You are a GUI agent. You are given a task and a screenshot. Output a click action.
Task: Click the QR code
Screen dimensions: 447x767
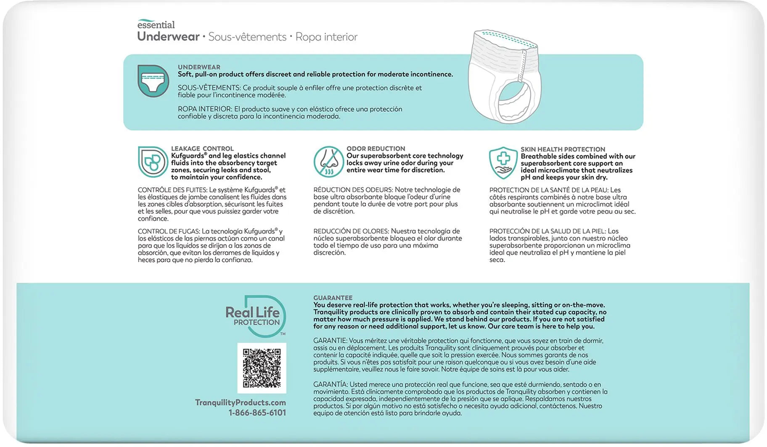click(x=262, y=368)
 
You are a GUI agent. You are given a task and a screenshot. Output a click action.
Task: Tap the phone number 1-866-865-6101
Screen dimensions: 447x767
click(x=257, y=413)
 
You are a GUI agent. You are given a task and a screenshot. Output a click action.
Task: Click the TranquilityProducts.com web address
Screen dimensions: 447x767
click(x=240, y=402)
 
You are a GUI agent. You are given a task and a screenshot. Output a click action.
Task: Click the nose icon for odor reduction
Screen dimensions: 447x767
click(x=328, y=162)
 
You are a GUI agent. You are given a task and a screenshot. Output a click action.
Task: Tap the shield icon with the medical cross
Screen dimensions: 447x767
click(x=503, y=163)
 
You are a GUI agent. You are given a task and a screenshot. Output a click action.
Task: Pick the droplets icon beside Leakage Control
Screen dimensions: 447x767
click(x=153, y=162)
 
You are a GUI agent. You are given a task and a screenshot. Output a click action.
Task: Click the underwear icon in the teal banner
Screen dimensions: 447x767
click(x=153, y=81)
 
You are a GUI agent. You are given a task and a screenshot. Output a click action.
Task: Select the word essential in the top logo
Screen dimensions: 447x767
click(x=156, y=25)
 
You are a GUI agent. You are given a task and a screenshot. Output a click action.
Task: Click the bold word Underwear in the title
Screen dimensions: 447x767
click(x=168, y=37)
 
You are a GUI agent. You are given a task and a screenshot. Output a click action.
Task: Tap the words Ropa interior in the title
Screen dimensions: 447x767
click(x=326, y=37)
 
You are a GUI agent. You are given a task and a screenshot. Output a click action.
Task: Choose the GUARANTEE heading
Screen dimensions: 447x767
click(x=333, y=297)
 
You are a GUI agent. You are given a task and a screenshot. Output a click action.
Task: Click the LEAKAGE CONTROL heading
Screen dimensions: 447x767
click(x=202, y=149)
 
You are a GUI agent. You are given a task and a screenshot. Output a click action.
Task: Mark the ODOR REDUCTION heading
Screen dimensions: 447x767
click(x=376, y=149)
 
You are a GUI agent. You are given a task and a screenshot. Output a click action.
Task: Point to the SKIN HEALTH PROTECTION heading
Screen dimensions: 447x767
click(x=563, y=149)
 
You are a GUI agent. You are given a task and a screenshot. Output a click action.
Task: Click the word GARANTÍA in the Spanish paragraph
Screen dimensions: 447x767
click(x=330, y=384)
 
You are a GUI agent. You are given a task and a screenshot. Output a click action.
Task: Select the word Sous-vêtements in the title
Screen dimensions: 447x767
click(x=247, y=37)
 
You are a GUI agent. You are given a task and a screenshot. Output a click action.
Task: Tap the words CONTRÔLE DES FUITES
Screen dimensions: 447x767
click(x=172, y=190)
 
